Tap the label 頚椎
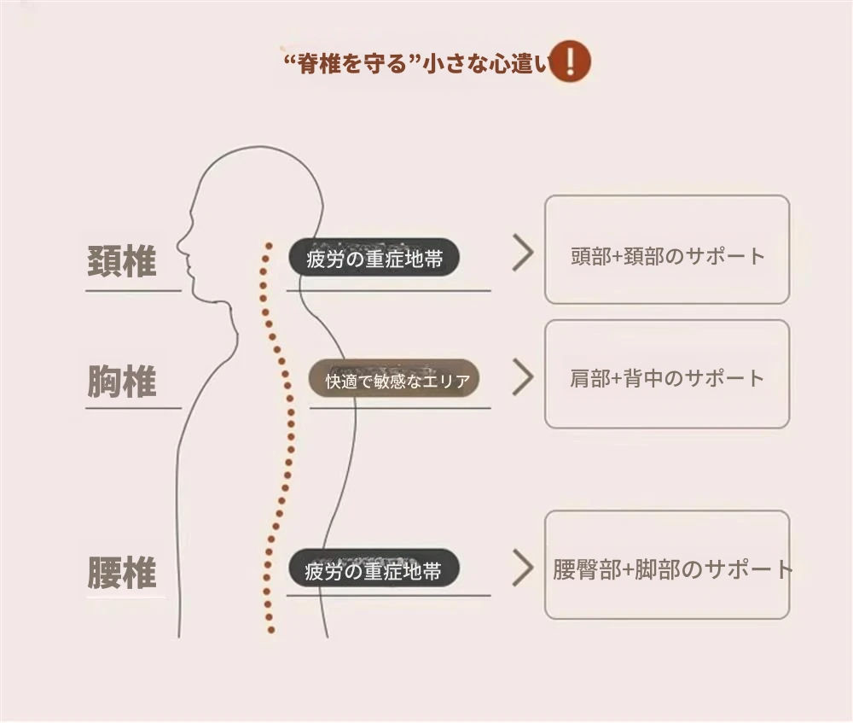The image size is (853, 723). point(122,261)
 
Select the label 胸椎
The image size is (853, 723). point(122,381)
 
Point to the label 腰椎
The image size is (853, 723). point(122,573)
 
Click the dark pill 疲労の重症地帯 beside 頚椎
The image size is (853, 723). point(374,258)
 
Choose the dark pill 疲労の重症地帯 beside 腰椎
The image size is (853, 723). point(374,570)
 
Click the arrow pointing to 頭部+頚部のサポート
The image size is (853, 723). point(522,254)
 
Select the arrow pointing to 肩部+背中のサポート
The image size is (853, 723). point(522,377)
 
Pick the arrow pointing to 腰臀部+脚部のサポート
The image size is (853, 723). point(522,568)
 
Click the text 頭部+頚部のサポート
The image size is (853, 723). point(667,255)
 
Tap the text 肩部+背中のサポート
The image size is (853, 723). point(667,378)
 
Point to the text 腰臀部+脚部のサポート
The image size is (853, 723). point(672,569)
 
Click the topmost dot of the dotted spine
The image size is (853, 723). point(268,246)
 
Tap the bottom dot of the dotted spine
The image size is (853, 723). point(271,630)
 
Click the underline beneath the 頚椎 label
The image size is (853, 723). point(133,291)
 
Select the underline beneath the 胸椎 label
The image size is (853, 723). point(133,408)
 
